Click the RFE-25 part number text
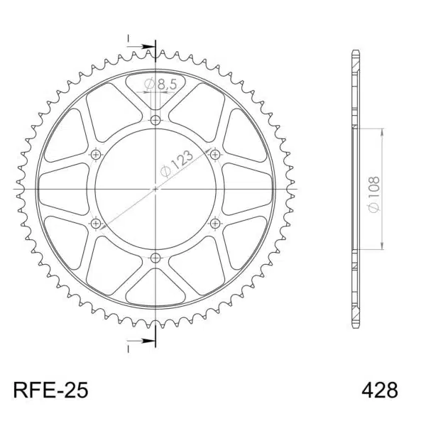coord(50,390)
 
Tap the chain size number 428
coord(380,390)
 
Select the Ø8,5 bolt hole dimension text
coord(160,84)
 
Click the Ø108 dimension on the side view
coord(374,195)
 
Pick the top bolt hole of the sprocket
coord(155,120)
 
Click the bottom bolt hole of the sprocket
coord(155,258)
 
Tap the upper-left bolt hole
coord(96,155)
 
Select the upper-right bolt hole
coord(215,155)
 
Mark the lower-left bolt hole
coord(96,224)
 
